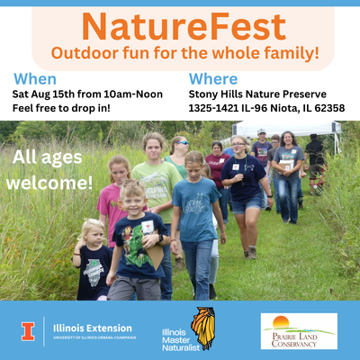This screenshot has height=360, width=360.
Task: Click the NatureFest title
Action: [x=184, y=27]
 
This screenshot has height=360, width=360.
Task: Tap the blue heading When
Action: [x=35, y=79]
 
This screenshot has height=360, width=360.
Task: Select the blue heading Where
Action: [x=213, y=79]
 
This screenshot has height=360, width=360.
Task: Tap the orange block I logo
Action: [x=28, y=331]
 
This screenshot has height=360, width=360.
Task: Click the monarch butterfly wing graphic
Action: [x=203, y=328]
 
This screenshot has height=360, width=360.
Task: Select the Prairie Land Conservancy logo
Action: [x=299, y=331]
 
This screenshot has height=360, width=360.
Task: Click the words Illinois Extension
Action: [x=93, y=328]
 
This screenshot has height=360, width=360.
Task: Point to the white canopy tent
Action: [x=286, y=130]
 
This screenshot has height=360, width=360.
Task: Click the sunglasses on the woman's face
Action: [x=183, y=143]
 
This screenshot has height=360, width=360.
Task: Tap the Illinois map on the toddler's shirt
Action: [x=94, y=272]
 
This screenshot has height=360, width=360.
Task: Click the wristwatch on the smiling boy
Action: [x=160, y=238]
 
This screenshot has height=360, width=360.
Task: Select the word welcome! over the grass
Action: [x=49, y=183]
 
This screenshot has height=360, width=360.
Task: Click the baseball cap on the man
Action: [x=262, y=131]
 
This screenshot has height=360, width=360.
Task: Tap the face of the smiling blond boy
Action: [x=133, y=203]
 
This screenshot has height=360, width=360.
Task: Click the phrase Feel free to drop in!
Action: [x=61, y=108]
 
